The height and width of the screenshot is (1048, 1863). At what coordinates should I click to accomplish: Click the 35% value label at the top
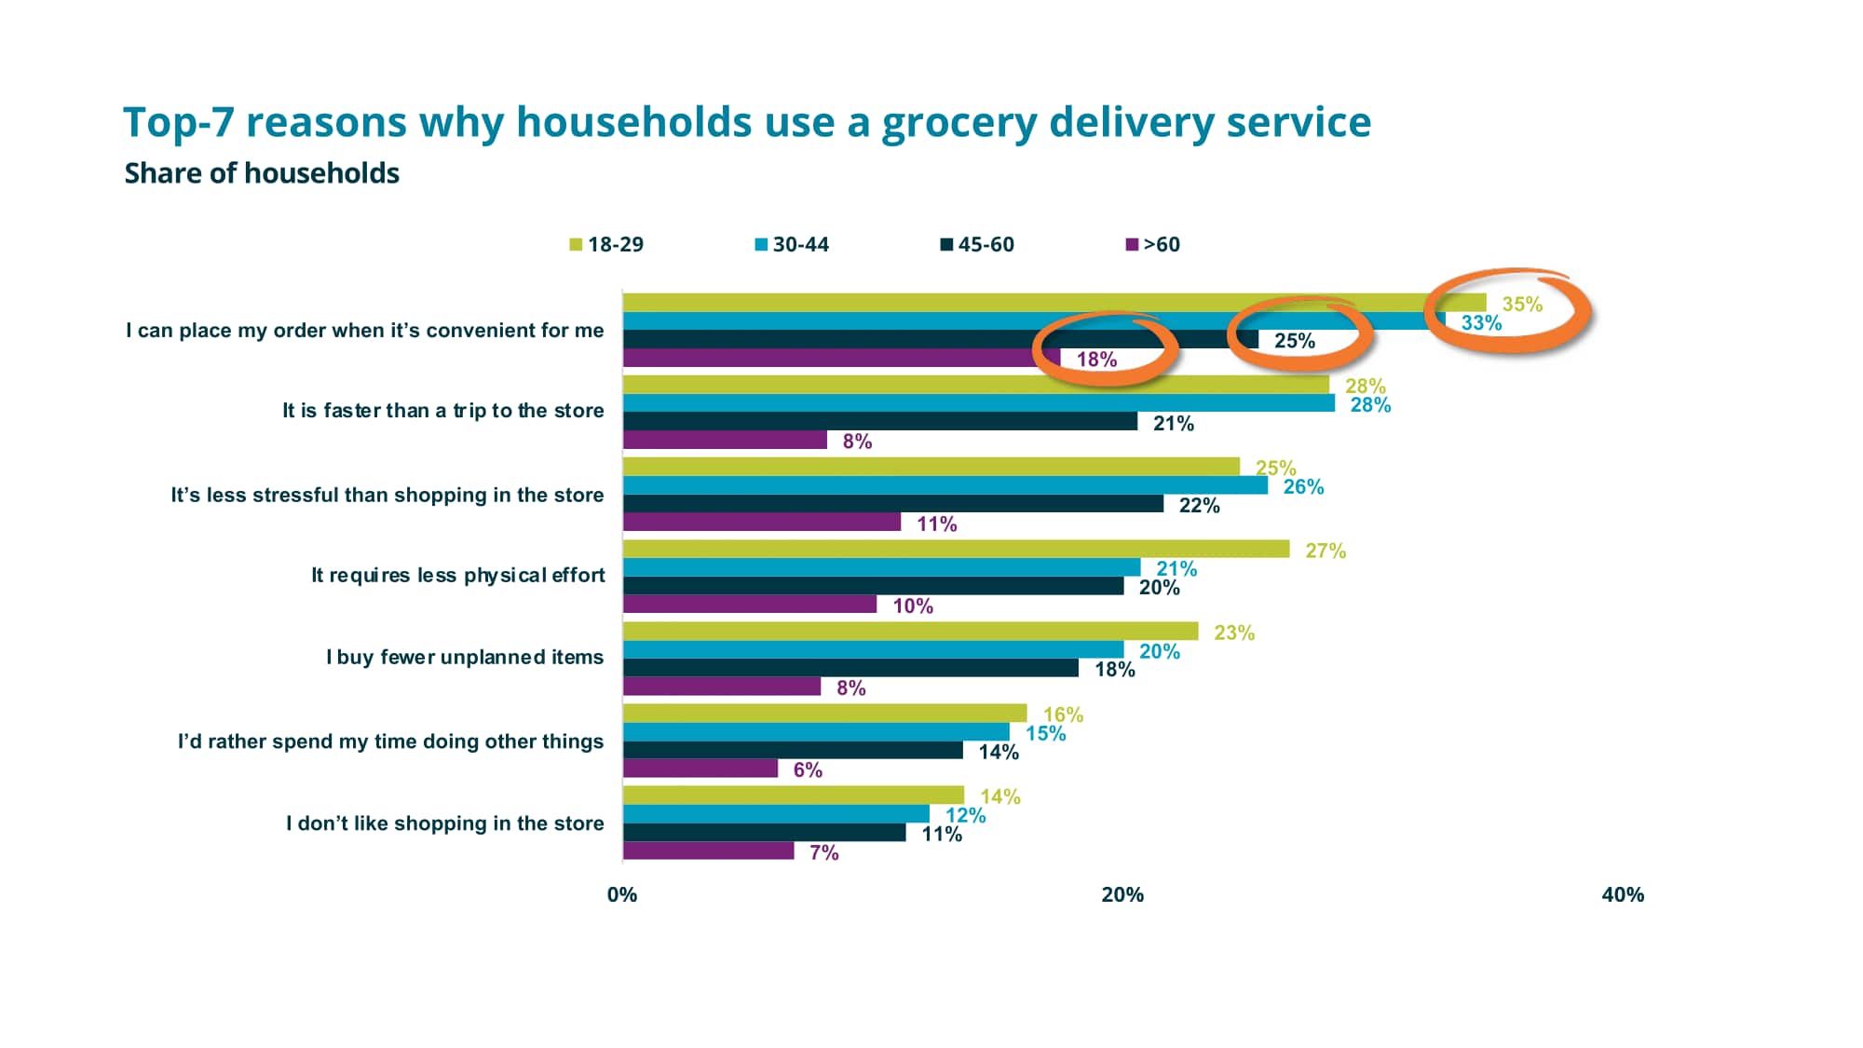(x=1522, y=304)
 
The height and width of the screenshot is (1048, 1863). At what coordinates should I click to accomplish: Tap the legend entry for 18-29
(x=606, y=244)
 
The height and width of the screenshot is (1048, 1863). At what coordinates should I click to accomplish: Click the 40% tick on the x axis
(x=1623, y=894)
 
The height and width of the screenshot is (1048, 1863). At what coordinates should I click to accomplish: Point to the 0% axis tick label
(x=622, y=894)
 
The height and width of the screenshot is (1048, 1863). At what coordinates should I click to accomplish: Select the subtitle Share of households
(x=262, y=173)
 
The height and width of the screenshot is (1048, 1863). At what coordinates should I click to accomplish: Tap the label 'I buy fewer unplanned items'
(x=464, y=657)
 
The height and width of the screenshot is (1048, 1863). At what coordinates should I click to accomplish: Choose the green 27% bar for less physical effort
(x=956, y=549)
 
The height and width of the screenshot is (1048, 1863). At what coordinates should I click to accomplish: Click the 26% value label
(x=1303, y=486)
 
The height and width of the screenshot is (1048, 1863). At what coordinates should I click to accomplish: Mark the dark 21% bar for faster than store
(x=879, y=421)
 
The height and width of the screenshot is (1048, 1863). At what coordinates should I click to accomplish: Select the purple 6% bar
(x=700, y=769)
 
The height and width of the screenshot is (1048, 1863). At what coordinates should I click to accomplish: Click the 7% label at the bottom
(x=823, y=852)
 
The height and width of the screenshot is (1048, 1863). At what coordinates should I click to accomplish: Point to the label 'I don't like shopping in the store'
(x=444, y=823)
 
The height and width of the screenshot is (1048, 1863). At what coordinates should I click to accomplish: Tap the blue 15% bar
(x=815, y=732)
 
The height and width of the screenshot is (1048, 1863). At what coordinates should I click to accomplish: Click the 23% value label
(x=1233, y=633)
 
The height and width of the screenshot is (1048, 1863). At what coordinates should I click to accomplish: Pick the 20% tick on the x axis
(x=1122, y=894)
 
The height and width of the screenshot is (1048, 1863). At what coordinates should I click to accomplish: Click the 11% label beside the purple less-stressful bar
(x=936, y=524)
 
